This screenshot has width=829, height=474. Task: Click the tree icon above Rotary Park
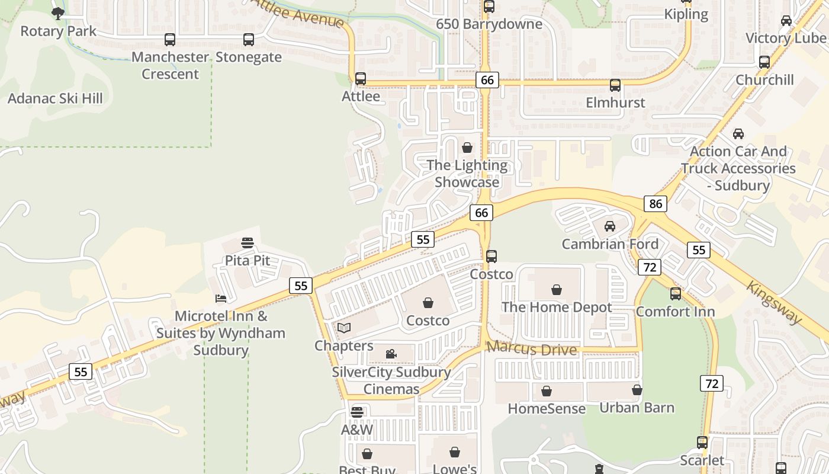57,13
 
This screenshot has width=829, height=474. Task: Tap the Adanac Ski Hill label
55,98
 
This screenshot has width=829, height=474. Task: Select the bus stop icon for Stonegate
249,40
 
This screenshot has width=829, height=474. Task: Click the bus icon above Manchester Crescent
170,40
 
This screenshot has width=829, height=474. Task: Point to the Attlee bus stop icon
361,79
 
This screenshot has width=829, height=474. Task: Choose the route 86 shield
656,204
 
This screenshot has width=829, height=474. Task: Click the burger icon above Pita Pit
248,243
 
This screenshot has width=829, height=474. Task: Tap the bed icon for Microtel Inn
221,298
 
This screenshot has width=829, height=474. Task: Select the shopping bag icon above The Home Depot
557,290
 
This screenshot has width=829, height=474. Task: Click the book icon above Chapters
344,328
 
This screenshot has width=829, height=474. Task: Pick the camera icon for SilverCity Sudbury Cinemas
391,354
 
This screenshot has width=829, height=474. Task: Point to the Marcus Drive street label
532,349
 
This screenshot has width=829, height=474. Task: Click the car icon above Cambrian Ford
610,226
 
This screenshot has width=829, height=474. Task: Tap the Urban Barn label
637,408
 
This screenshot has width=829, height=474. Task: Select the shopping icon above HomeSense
547,391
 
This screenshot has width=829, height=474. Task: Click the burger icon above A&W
357,412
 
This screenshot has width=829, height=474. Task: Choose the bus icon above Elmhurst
615,85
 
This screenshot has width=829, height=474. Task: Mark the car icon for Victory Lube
786,21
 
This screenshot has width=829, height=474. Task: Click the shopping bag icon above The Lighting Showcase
467,148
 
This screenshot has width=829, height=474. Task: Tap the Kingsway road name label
773,302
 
